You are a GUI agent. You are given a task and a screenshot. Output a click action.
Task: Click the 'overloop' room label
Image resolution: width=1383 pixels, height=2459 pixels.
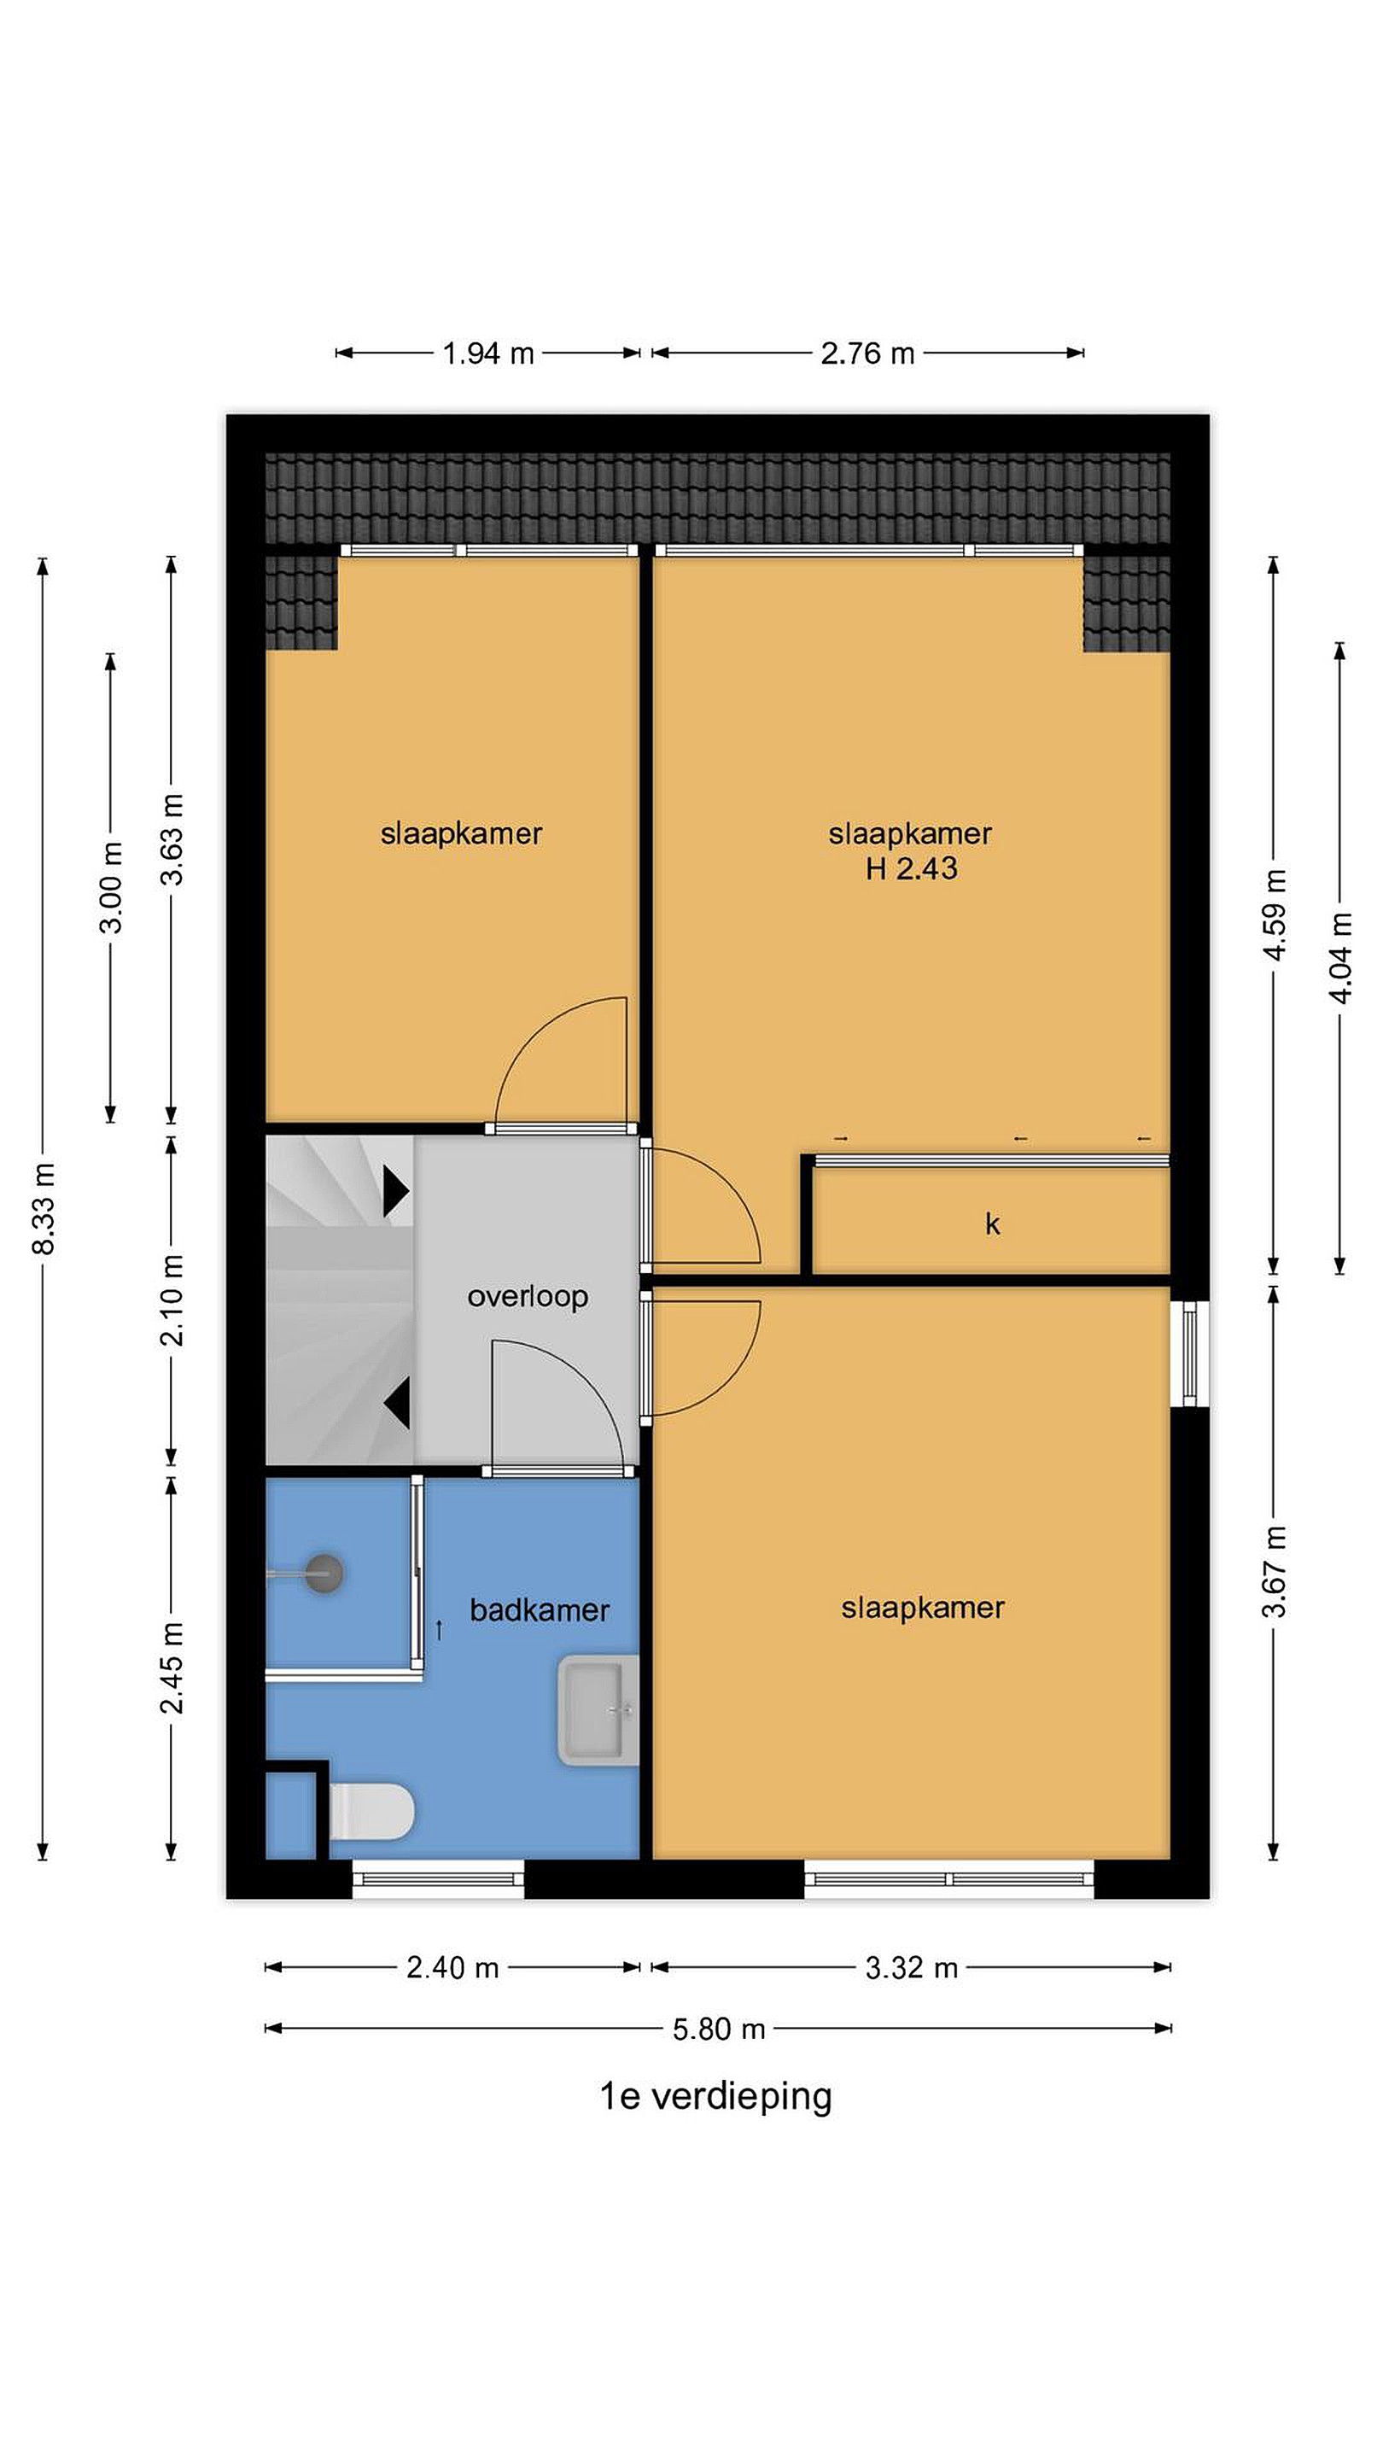point(527,1296)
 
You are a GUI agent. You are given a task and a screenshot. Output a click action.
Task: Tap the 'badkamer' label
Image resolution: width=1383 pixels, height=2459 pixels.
point(540,1610)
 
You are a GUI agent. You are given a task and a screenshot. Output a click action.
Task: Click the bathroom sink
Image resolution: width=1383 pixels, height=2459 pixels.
point(598,1710)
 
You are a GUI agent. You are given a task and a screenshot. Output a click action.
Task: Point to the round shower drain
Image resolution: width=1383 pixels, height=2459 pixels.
point(324,1573)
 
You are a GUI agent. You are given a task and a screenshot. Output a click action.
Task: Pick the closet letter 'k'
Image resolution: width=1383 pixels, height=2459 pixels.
point(993,1224)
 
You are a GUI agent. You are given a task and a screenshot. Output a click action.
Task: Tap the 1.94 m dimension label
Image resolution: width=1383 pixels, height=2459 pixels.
point(487,353)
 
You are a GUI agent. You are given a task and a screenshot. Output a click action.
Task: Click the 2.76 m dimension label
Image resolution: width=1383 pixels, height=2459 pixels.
point(867,353)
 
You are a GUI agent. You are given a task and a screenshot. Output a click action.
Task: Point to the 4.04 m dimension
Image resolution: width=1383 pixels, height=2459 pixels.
point(1340,957)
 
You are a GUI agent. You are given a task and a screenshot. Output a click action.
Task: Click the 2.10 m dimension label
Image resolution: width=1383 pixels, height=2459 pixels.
point(172,1300)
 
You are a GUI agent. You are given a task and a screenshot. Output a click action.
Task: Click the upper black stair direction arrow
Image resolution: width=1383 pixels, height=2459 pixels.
point(396,1191)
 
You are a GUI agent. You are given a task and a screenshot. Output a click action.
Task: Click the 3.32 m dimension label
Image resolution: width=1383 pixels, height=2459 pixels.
point(912,1967)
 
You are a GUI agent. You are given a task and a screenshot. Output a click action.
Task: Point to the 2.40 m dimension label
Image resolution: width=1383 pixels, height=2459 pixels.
point(452,1967)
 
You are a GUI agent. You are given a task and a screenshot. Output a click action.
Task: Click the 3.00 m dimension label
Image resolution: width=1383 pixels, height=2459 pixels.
point(112,887)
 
